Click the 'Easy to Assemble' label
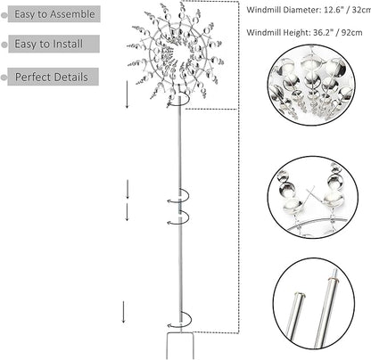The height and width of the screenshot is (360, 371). (54, 14)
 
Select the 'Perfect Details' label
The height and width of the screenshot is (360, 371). (52, 77)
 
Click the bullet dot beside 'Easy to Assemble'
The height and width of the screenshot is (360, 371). (4, 15)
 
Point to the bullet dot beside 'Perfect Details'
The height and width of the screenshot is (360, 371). (4, 78)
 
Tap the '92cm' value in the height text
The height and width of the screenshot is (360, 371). (352, 32)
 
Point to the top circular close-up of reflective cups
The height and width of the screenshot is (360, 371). (311, 85)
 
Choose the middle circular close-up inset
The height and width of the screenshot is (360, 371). (313, 197)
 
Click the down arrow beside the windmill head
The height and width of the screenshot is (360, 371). (128, 94)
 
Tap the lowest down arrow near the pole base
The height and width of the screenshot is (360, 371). (123, 312)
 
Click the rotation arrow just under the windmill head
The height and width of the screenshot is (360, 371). (178, 101)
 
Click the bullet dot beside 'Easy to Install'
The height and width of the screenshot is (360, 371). (4, 45)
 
